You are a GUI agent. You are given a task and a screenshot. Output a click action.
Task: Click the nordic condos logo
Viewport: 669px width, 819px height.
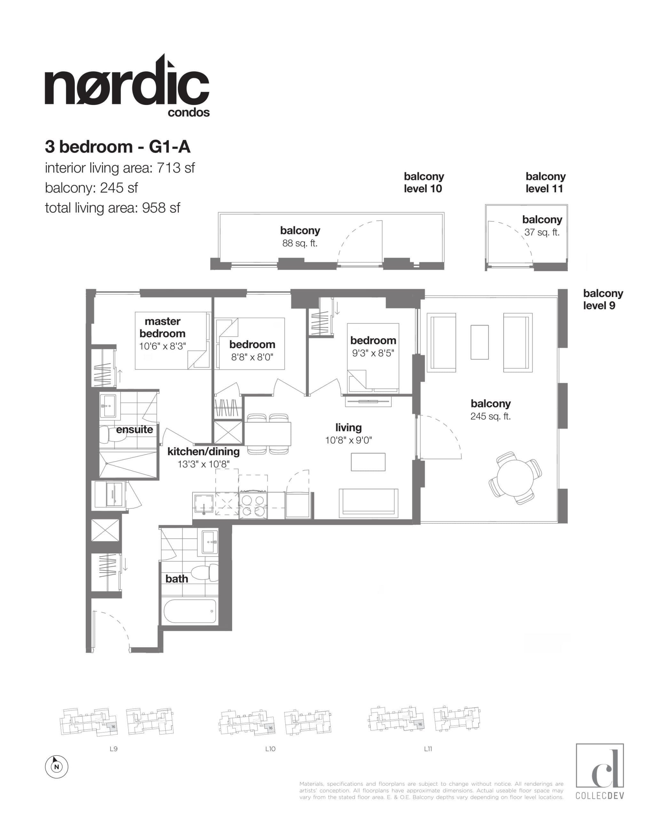[x=127, y=87]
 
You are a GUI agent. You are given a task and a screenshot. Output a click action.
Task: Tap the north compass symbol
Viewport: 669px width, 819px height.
[x=57, y=767]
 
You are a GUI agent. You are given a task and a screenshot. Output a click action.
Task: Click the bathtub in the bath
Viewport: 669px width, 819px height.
[x=190, y=611]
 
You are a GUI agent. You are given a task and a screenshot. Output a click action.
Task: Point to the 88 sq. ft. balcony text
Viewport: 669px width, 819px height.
[x=300, y=243]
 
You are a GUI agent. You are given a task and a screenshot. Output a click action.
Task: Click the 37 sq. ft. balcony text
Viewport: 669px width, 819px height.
[x=542, y=232]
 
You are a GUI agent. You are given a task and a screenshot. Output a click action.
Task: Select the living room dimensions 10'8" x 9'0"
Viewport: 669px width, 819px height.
[x=348, y=440]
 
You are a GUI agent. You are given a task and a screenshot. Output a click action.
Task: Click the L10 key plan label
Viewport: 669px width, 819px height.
[x=270, y=749]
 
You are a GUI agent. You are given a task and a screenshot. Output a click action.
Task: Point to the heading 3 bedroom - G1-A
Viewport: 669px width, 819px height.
[x=118, y=147]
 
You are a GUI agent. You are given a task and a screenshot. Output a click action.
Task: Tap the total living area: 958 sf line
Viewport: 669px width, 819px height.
[x=113, y=208]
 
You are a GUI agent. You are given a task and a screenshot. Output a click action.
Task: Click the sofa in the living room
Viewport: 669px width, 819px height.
[x=368, y=503]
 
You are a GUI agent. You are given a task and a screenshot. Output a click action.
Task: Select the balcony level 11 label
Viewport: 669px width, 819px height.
[x=545, y=182]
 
